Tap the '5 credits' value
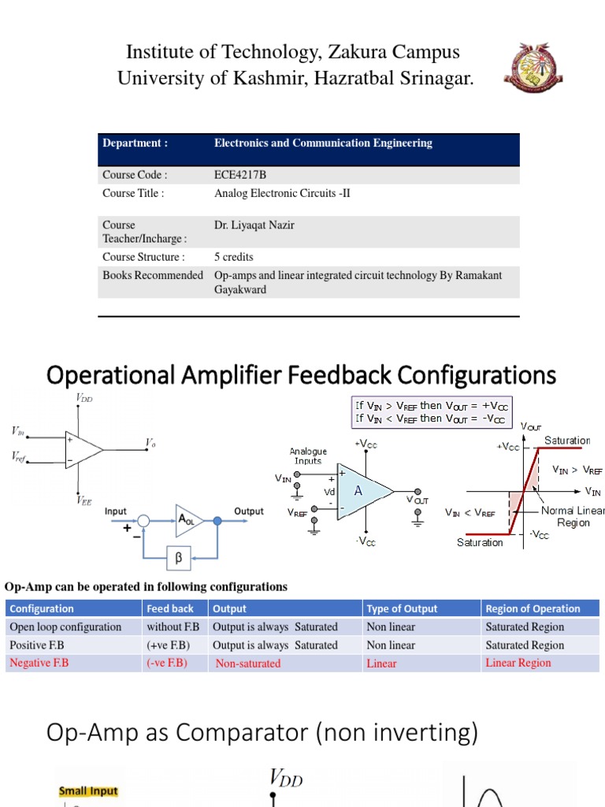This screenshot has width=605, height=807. [234, 257]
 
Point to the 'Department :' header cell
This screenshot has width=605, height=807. [135, 143]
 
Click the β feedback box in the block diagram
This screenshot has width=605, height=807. [178, 559]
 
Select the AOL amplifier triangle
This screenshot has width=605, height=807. [188, 520]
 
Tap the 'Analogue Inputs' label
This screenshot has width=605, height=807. [308, 456]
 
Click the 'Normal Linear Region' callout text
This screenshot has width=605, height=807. [573, 516]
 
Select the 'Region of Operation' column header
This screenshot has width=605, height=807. [533, 608]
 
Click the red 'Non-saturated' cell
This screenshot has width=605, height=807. [247, 664]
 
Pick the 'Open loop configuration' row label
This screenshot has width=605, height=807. [65, 627]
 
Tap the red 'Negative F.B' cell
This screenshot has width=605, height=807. [39, 663]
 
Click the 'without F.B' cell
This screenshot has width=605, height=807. [173, 627]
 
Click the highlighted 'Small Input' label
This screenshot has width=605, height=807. [88, 790]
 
